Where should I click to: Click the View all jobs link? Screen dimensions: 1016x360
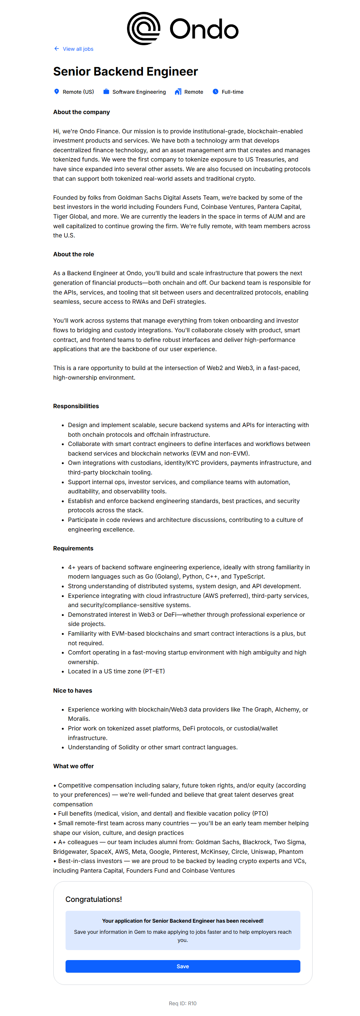coord(78,49)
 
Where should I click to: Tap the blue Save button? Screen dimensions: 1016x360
coord(183,966)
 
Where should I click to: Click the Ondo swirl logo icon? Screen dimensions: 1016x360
coord(144,29)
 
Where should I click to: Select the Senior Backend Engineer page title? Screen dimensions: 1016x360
coord(126,71)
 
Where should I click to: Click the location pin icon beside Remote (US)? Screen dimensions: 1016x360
coord(56,91)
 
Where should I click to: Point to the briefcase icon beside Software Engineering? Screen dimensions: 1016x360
coord(106,91)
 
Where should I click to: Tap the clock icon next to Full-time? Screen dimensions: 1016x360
coord(215,91)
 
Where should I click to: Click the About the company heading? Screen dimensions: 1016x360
coord(81,112)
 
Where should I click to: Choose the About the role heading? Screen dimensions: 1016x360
coord(73,254)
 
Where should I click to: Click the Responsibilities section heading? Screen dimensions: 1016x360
coord(76,406)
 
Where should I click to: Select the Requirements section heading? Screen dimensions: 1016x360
coord(73,548)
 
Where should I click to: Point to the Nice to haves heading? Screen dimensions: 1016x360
coord(73,690)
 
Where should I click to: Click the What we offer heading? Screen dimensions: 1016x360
coord(73,766)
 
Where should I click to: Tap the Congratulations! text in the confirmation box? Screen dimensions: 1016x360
coord(93,899)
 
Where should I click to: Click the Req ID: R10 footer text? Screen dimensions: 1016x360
coord(182,1003)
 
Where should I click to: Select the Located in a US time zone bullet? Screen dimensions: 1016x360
coord(116,671)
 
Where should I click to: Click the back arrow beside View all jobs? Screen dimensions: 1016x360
coord(56,49)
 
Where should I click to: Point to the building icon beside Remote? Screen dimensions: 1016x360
coord(178,91)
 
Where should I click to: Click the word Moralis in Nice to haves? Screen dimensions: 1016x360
coord(79,719)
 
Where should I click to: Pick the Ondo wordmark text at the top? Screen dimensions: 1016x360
coord(204,29)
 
